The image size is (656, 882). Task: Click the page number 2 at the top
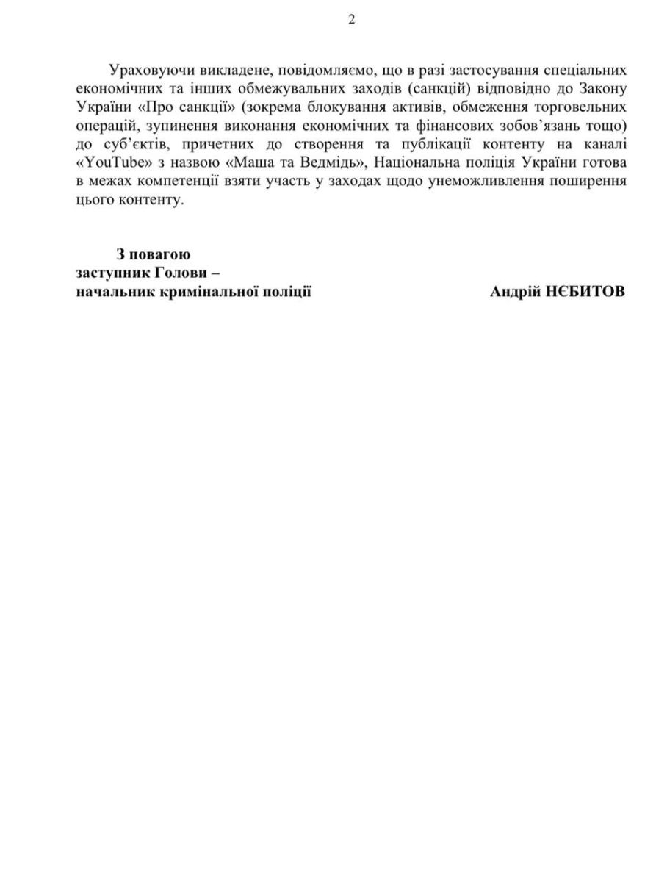pos(350,20)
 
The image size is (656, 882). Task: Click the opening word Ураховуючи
pos(146,71)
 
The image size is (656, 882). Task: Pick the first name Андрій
pos(514,292)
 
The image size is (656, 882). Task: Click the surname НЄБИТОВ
pos(585,292)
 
